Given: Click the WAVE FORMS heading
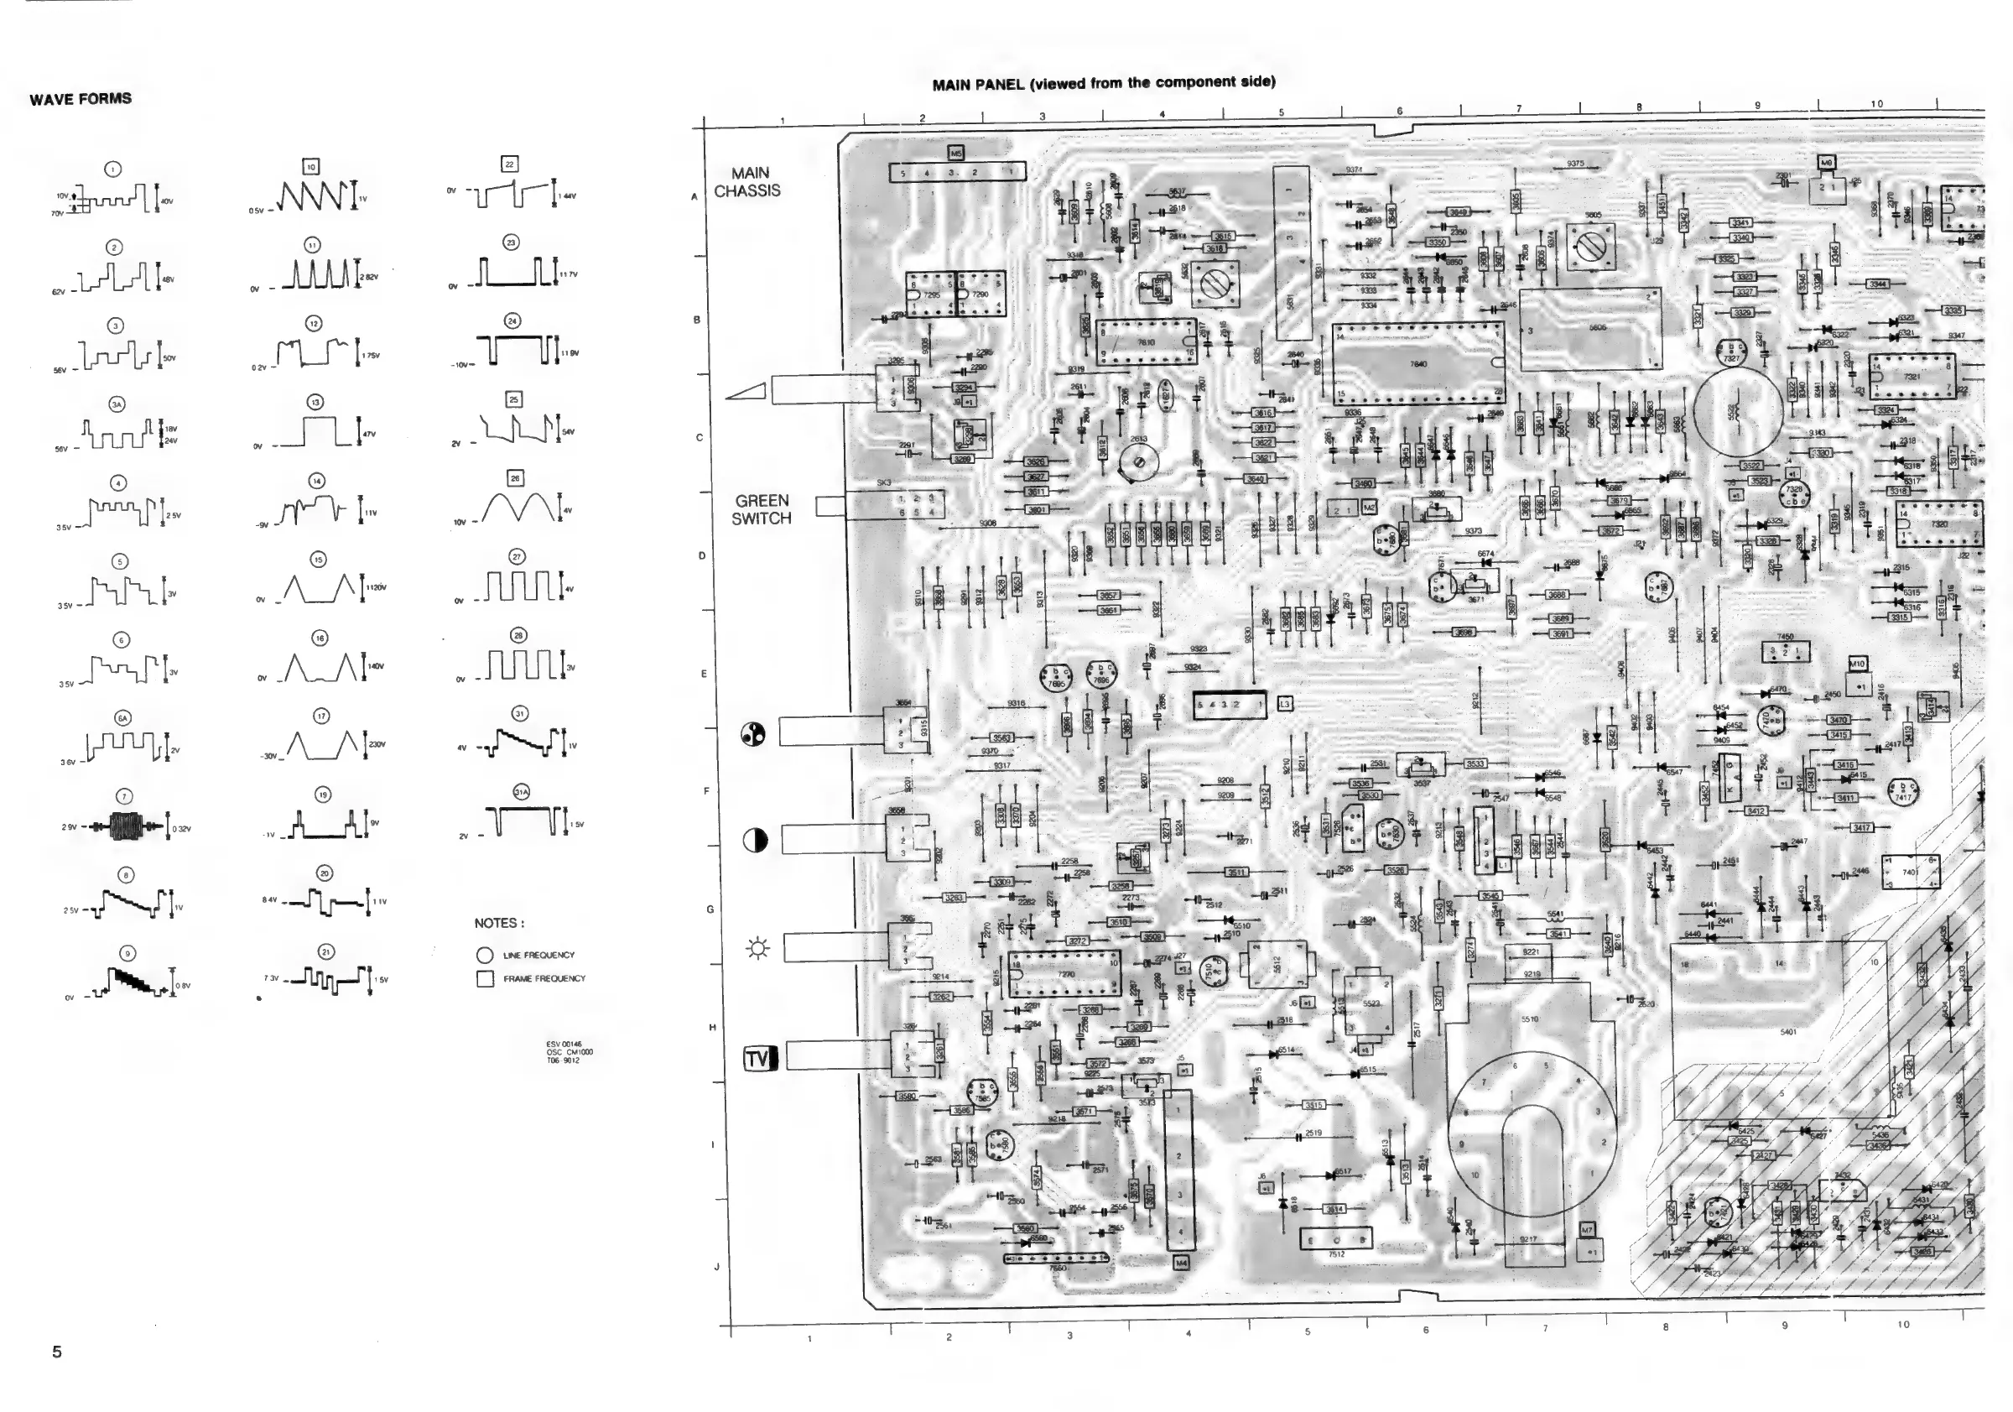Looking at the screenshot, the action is point(81,98).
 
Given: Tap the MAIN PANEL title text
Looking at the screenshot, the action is point(1103,82).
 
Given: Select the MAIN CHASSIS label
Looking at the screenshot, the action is point(748,181).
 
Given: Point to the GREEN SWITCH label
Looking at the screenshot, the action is point(762,509).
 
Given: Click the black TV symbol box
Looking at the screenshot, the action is point(760,1059).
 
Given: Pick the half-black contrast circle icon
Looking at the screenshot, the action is point(755,840).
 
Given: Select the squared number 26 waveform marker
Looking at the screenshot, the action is point(516,478).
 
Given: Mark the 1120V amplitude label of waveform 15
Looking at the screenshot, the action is point(376,587).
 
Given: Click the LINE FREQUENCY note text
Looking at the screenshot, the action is point(538,955).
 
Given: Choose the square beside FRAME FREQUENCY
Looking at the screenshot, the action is point(485,979).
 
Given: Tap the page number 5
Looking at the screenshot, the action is point(57,1352).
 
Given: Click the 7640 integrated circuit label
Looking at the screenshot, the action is point(1417,364).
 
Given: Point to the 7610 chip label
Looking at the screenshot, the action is point(1146,343).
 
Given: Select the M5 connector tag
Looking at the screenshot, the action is point(956,153).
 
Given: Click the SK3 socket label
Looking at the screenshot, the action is point(884,483).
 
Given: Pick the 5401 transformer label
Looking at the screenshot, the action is point(1788,1031).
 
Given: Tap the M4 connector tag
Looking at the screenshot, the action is point(1181,1263).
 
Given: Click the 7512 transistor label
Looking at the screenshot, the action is point(1336,1254).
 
